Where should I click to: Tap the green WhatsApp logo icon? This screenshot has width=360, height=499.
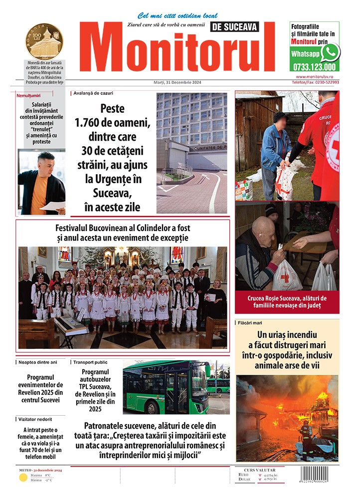tap(330, 52)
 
